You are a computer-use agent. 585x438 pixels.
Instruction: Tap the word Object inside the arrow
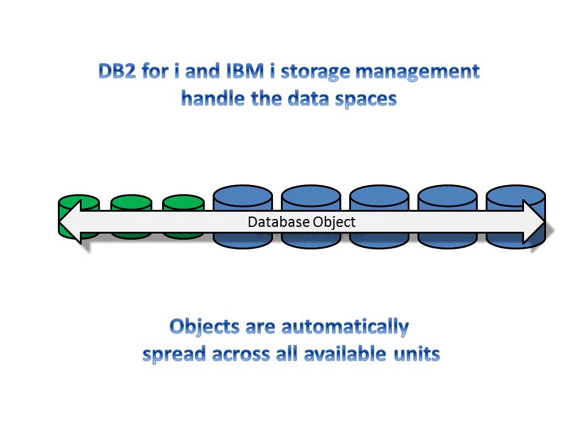click(333, 222)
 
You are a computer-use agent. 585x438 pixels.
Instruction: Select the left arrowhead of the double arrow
click(72, 222)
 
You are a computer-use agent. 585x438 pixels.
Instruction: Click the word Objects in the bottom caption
click(204, 327)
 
